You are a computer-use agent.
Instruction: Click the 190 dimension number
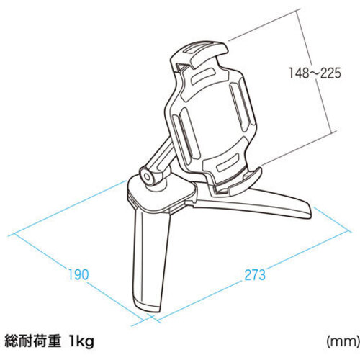point(78,275)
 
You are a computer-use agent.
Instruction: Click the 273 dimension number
point(255,275)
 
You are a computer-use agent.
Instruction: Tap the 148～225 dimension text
point(315,73)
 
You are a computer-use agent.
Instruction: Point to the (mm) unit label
point(343,341)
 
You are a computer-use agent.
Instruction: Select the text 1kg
point(81,341)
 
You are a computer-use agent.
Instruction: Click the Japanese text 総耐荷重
point(32,341)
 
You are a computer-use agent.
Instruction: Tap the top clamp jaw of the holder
point(199,54)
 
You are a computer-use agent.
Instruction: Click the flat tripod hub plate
point(161,194)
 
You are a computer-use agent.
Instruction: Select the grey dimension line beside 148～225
point(315,71)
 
